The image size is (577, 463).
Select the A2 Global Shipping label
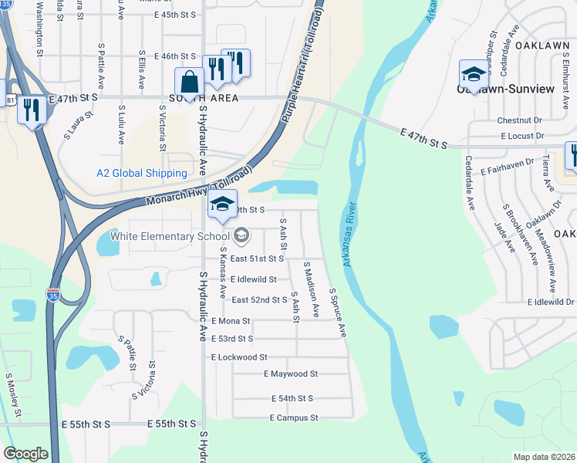[141, 174]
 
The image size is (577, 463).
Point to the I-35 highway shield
[52, 296]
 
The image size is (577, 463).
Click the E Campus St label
[294, 418]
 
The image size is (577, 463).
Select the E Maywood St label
[290, 374]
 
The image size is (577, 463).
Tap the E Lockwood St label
[238, 357]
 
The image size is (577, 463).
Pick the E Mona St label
[230, 321]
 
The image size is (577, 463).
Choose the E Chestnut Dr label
[520, 121]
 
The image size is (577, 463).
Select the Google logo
[25, 454]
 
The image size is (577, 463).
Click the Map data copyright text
[545, 457]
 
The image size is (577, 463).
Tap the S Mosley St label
[12, 396]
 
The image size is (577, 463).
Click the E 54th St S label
[292, 398]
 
